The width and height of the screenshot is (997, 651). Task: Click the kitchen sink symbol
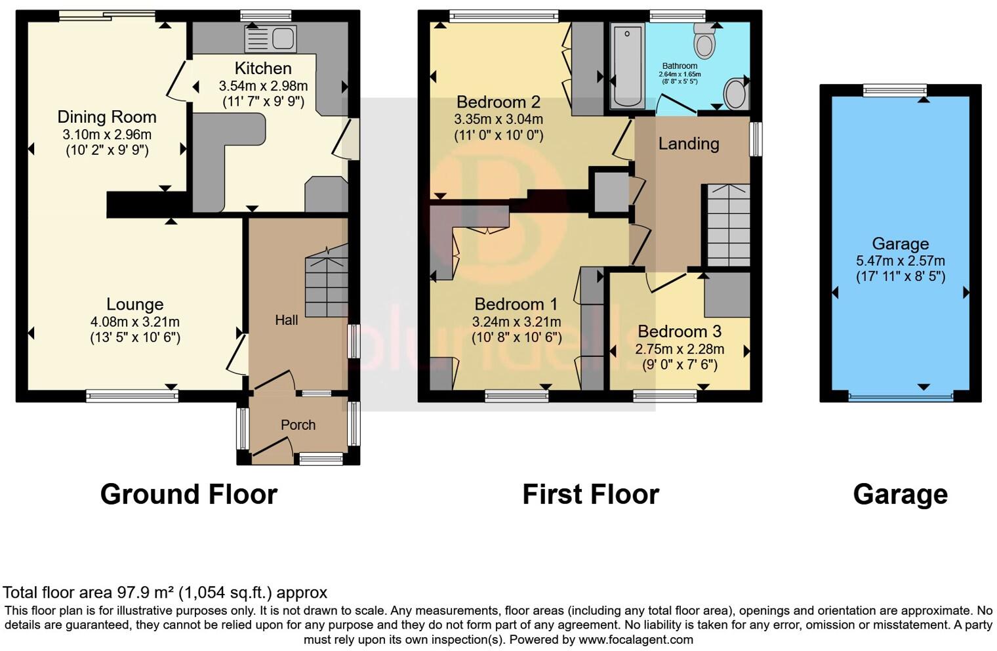pyautogui.click(x=270, y=39)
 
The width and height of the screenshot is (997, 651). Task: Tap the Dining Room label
pyautogui.click(x=107, y=117)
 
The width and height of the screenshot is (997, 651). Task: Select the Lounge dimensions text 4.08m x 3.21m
pyautogui.click(x=135, y=322)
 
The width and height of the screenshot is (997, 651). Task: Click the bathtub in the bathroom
pyautogui.click(x=627, y=66)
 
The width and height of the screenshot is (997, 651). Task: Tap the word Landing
pyautogui.click(x=689, y=143)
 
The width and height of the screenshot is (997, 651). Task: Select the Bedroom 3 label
pyautogui.click(x=680, y=331)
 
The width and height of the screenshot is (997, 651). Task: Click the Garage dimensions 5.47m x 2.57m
pyautogui.click(x=900, y=261)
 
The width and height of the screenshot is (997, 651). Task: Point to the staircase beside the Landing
pyautogui.click(x=728, y=225)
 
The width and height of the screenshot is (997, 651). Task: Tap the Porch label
pyautogui.click(x=298, y=425)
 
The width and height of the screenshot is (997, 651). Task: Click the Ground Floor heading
pyautogui.click(x=189, y=494)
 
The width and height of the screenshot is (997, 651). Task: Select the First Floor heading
pyautogui.click(x=590, y=494)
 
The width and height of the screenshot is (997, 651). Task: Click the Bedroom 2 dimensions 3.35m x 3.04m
pyautogui.click(x=498, y=119)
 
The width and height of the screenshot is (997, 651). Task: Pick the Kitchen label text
pyautogui.click(x=263, y=68)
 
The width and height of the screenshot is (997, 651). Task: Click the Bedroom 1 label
pyautogui.click(x=516, y=304)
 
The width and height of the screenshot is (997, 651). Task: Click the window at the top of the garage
pyautogui.click(x=895, y=91)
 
